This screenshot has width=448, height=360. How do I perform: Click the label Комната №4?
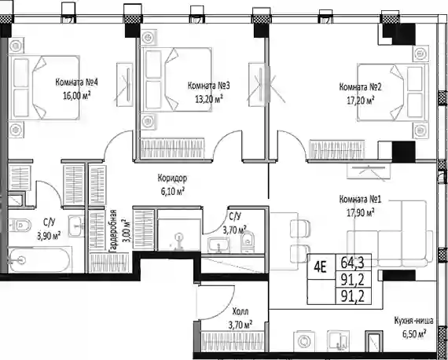click(76, 83)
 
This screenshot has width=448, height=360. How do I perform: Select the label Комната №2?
click(360, 86)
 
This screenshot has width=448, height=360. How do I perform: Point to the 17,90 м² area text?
click(361, 212)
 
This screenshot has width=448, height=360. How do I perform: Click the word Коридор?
click(172, 178)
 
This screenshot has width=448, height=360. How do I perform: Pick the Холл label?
click(241, 311)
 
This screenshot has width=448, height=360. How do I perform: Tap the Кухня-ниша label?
click(413, 321)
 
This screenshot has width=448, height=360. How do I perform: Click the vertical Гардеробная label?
click(113, 230)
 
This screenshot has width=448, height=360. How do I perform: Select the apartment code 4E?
click(320, 268)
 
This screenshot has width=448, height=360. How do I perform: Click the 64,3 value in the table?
click(353, 263)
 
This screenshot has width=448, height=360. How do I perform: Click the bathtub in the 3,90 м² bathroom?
click(39, 260)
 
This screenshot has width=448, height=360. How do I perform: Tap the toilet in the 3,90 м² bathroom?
click(20, 226)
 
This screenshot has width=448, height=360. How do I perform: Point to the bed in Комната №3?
click(177, 79)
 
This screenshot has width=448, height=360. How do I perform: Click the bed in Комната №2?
click(392, 92)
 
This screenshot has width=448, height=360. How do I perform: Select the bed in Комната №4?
click(44, 87)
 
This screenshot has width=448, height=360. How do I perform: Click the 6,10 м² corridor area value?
click(172, 192)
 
